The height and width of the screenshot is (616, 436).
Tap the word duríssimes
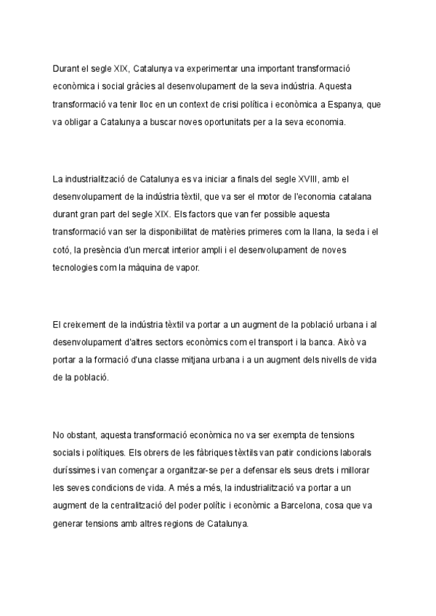coord(75,471)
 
